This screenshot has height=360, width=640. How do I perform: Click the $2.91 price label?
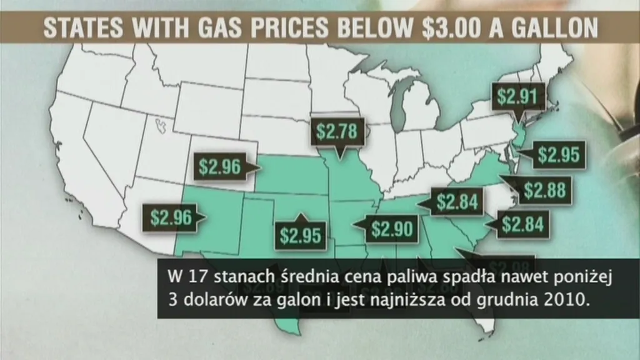tap(518, 97)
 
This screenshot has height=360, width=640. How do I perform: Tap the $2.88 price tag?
tap(544, 189)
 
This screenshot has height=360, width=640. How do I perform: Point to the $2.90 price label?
tap(392, 229)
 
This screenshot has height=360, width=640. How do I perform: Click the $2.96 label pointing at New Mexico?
tap(170, 217)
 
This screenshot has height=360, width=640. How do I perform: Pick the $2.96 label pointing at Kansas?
tap(219, 167)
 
